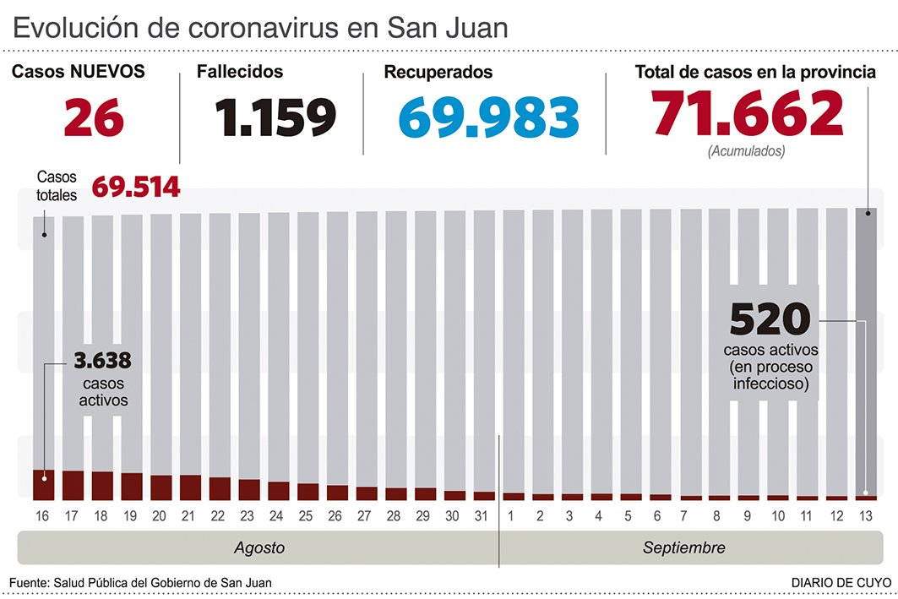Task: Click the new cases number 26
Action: tap(94, 117)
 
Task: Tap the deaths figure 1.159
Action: tap(275, 117)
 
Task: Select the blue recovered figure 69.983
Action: tap(489, 117)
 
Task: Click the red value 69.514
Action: tap(135, 187)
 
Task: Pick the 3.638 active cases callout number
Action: tap(102, 362)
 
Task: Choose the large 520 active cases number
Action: tap(770, 320)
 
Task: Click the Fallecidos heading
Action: tap(240, 73)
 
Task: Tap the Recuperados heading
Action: tap(438, 73)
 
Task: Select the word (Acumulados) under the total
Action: tap(746, 152)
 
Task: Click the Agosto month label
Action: tap(259, 547)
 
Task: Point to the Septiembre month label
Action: tap(683, 547)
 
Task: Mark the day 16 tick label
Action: tap(43, 515)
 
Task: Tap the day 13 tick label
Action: tap(866, 515)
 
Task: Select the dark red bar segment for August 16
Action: tap(43, 484)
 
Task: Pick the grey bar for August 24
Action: tap(279, 346)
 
